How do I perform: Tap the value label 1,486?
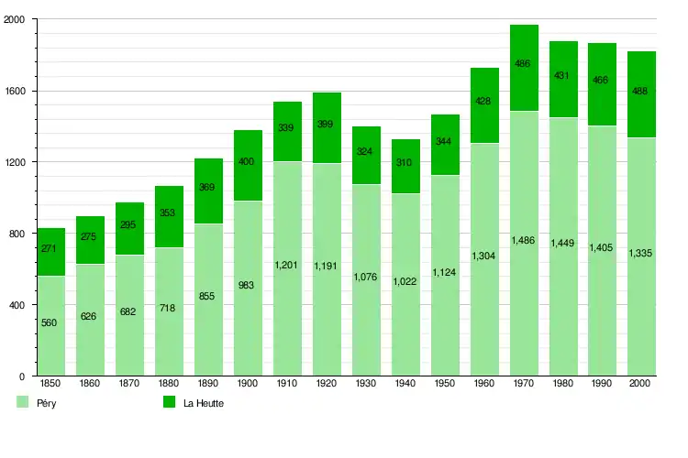click(524, 240)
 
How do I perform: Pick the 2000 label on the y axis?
click(16, 20)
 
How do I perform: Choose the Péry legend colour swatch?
click(23, 402)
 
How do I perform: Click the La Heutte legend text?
click(203, 403)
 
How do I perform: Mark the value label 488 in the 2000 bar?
click(642, 92)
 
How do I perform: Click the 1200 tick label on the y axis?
click(16, 162)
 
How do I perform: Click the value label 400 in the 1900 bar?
click(248, 162)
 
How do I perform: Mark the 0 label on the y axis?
click(21, 376)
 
